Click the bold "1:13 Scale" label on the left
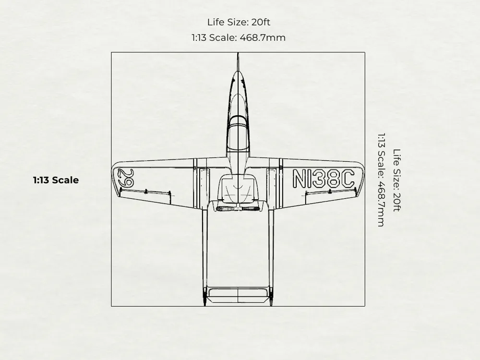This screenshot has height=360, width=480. [56, 180]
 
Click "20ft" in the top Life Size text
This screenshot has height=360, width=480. [261, 23]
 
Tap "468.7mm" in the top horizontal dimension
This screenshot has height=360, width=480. [263, 37]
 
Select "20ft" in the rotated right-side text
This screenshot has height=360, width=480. [397, 202]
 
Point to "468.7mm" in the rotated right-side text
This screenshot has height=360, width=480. [381, 204]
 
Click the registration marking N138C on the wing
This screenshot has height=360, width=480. [324, 179]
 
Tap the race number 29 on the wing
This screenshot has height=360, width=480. [126, 178]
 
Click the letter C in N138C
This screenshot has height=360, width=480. [348, 179]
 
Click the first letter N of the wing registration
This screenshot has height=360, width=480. [299, 179]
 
